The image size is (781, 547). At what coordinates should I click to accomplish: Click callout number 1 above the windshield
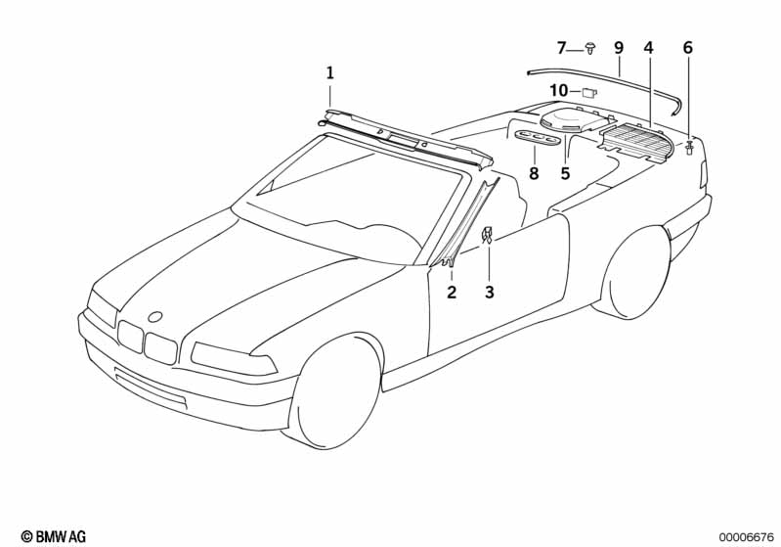(330, 72)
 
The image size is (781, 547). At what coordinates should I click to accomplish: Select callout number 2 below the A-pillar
(452, 292)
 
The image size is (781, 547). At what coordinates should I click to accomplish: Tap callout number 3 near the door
(490, 292)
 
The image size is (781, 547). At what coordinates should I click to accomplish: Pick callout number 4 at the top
(648, 47)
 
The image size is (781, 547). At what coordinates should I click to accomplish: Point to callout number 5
(565, 174)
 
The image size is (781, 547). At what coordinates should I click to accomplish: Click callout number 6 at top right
(687, 47)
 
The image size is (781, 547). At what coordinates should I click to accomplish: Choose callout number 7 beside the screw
(562, 47)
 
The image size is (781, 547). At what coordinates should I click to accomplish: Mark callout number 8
(534, 174)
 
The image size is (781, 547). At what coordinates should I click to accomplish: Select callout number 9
(619, 47)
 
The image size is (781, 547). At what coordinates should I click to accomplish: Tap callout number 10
(558, 91)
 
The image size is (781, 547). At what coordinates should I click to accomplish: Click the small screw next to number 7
(590, 47)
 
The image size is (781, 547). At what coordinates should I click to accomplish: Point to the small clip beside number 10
(589, 92)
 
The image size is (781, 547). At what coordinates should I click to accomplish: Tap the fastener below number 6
(690, 148)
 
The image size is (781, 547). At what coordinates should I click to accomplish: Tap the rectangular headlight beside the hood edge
(233, 358)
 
